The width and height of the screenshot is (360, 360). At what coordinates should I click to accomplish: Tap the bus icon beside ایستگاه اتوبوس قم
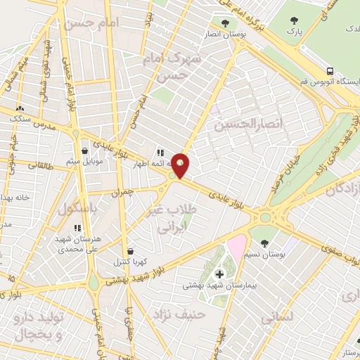329,72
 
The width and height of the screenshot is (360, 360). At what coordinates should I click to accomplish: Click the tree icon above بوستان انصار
225,22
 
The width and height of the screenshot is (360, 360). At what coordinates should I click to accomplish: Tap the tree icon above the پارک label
292,20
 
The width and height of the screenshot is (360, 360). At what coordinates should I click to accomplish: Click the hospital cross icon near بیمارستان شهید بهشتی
219,273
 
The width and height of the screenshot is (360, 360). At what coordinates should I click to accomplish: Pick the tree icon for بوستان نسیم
284,243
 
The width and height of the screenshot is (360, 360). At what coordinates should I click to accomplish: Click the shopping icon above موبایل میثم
85,150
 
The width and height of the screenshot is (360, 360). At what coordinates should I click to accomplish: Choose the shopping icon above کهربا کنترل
131,250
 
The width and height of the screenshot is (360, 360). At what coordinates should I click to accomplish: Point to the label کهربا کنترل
131,262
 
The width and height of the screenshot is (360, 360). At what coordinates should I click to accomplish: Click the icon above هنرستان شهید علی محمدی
77,227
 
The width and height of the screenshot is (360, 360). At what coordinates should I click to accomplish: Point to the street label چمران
120,192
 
